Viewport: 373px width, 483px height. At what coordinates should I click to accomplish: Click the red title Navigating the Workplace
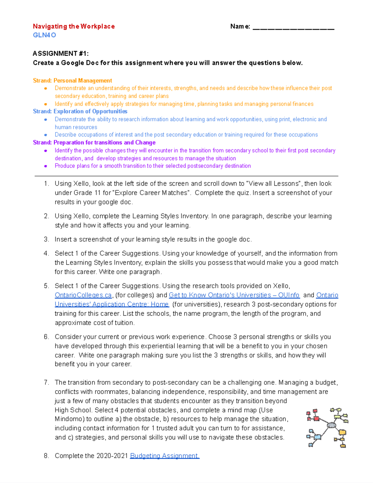coord(74,26)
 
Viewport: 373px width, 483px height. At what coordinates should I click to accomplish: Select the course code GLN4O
coord(44,35)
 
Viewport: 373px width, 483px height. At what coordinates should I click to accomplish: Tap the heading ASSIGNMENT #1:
coord(61,53)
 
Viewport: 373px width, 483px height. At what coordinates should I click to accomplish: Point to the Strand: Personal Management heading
coord(72,81)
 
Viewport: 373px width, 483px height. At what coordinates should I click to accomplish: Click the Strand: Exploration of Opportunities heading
coord(80,111)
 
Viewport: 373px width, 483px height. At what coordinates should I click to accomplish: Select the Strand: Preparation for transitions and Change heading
coord(94,142)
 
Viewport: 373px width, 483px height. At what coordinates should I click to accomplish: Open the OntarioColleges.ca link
coord(83,295)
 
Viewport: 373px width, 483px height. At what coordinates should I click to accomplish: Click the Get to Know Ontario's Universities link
coord(234,295)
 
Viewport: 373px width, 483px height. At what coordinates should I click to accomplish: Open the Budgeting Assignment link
coord(164,456)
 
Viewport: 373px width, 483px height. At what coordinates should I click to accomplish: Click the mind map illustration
coord(327,428)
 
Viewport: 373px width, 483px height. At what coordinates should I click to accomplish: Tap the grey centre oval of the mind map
coord(331,425)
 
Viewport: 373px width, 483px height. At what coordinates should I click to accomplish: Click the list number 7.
coord(46,383)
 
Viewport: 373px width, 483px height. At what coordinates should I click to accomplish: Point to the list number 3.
coord(46,239)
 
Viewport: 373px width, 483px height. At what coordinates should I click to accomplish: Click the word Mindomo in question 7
coord(69,419)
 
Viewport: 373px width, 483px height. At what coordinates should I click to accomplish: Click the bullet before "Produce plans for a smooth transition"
coord(46,166)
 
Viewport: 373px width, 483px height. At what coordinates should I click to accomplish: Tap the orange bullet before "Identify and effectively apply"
coord(46,104)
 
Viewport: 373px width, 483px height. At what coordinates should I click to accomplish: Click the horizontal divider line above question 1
coord(186,176)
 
